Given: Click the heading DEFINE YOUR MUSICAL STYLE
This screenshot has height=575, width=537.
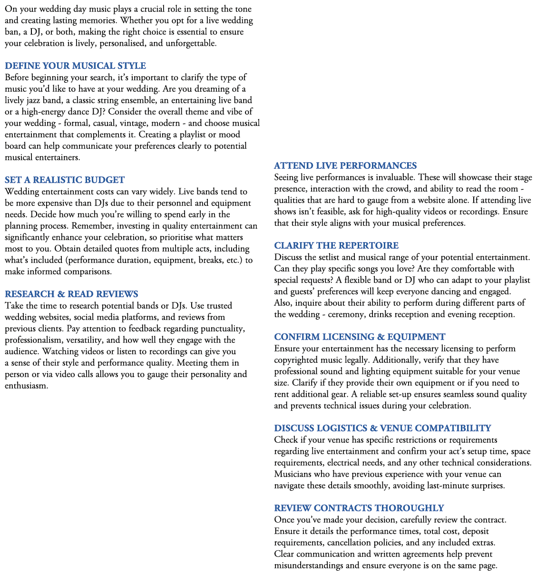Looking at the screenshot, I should click(75, 66).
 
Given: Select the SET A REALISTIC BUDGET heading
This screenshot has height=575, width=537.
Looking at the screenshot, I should click(65, 180).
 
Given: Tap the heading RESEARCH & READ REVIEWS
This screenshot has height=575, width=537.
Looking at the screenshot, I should click(71, 294).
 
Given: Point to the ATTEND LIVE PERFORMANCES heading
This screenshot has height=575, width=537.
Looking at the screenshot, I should click(345, 166).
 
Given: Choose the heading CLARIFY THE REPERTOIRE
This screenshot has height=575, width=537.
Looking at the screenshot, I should click(336, 246).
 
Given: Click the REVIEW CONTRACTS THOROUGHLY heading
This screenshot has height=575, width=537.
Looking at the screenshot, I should click(359, 508).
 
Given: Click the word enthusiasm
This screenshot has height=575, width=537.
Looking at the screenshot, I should click(26, 386).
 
